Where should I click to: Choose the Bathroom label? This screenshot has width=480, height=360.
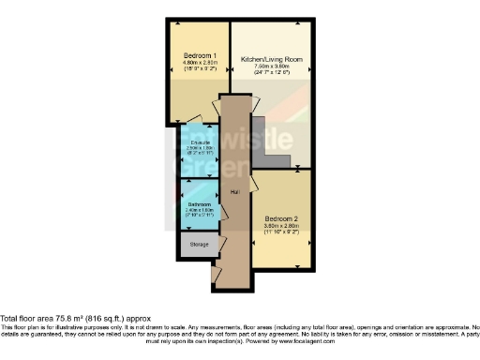click(198, 203)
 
